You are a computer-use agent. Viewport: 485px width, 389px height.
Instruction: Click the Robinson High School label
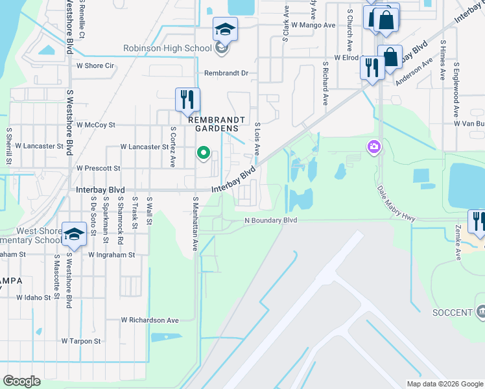click(x=167, y=49)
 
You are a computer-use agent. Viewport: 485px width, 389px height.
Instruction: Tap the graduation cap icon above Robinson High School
click(x=225, y=29)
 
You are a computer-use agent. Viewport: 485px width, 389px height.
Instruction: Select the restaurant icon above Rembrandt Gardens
click(x=187, y=99)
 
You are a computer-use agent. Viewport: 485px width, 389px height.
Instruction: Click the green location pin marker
click(x=204, y=154)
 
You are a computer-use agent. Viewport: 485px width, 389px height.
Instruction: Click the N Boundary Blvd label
click(x=270, y=220)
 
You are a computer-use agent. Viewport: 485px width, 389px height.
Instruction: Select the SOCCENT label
click(x=451, y=312)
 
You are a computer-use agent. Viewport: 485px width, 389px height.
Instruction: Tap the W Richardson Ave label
click(x=149, y=320)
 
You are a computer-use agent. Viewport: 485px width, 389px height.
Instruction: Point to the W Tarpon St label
click(x=81, y=340)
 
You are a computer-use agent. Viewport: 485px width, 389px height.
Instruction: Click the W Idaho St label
click(x=29, y=298)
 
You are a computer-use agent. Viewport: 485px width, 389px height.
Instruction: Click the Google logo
click(x=21, y=381)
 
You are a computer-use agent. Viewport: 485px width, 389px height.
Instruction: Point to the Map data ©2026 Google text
click(x=444, y=384)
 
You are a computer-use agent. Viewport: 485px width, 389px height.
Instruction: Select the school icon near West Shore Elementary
click(x=74, y=234)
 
